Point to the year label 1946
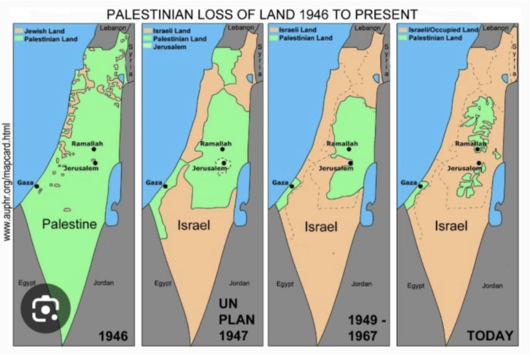pyautogui.click(x=113, y=336)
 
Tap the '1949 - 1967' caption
pyautogui.click(x=363, y=328)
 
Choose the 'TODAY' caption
pyautogui.click(x=490, y=336)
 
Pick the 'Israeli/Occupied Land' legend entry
pyautogui.click(x=443, y=29)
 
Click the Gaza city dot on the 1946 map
pyautogui.click(x=37, y=186)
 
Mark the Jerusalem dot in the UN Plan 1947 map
pyautogui.click(x=223, y=163)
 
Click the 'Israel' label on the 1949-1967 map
pyautogui.click(x=321, y=227)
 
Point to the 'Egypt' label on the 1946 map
pyautogui.click(x=26, y=283)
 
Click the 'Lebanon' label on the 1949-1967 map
pyautogui.click(x=367, y=28)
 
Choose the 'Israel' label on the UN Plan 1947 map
pyautogui.click(x=194, y=225)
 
